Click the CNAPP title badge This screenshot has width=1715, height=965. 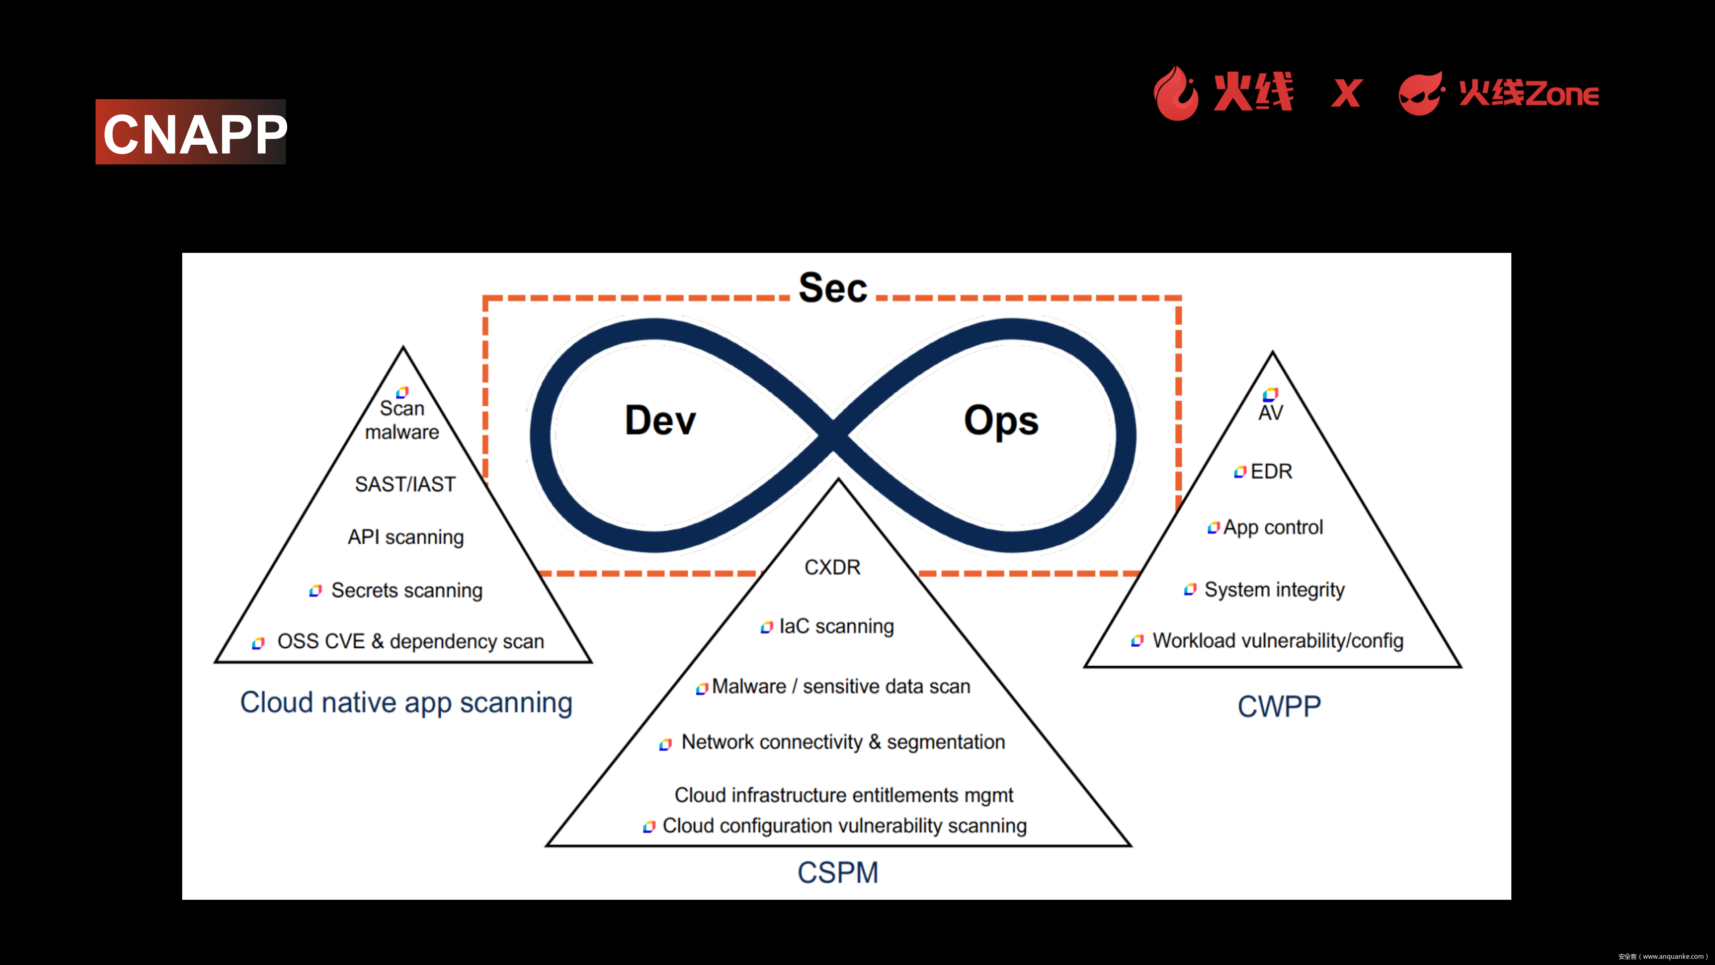point(191,132)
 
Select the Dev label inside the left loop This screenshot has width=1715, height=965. point(660,420)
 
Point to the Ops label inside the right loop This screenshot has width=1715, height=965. point(1000,421)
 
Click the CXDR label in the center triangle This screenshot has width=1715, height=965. point(832,567)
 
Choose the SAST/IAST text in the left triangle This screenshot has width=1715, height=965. point(405,484)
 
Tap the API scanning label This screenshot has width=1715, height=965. point(406,537)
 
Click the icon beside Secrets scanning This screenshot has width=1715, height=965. point(316,591)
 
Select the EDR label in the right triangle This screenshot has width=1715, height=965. point(1271,471)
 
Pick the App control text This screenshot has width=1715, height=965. point(1272,528)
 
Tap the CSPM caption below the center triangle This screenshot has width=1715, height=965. point(837,873)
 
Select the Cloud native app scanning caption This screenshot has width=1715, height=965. point(406,703)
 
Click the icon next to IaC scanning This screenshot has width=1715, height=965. point(766,627)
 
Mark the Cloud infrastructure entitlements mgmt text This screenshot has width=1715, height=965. point(844,795)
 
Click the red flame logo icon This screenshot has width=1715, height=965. point(1176,93)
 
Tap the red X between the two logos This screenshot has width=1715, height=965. point(1346,93)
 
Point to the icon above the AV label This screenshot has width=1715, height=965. point(1270,394)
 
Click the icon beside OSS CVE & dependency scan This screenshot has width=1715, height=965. point(258,643)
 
